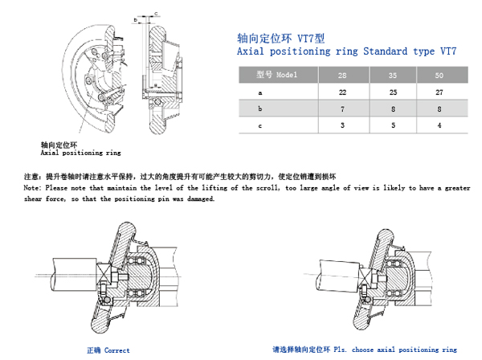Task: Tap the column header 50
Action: click(438, 75)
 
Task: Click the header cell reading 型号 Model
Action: click(276, 75)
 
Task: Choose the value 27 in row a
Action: click(438, 92)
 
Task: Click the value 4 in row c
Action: click(438, 125)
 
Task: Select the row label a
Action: click(259, 92)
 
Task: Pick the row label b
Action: click(259, 108)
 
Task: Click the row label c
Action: click(259, 125)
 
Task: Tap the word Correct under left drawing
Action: click(117, 351)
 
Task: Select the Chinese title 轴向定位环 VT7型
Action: click(271, 38)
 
